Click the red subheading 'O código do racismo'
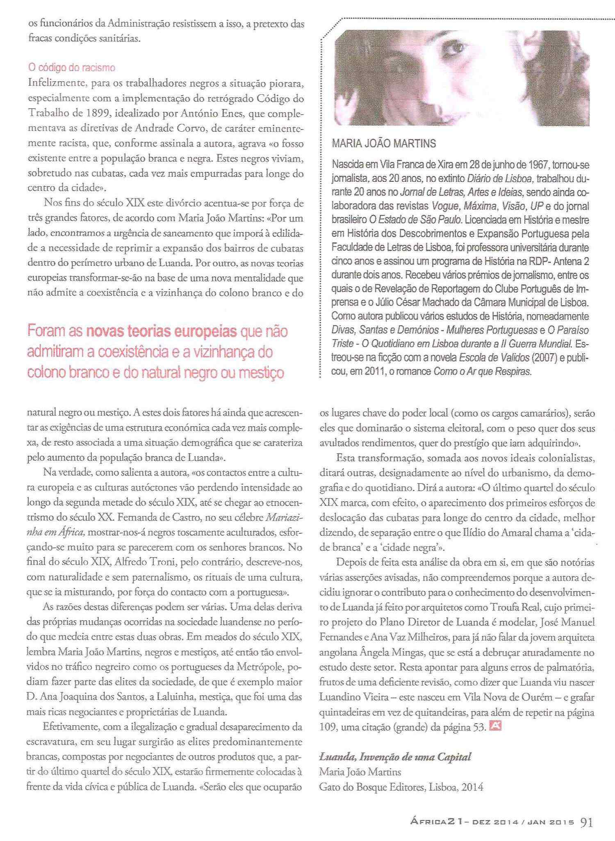[71, 68]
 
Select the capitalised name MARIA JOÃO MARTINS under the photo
[384, 144]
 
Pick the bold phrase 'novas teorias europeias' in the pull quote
[162, 331]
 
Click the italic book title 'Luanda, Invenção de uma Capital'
[395, 757]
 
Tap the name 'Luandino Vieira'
[350, 697]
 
